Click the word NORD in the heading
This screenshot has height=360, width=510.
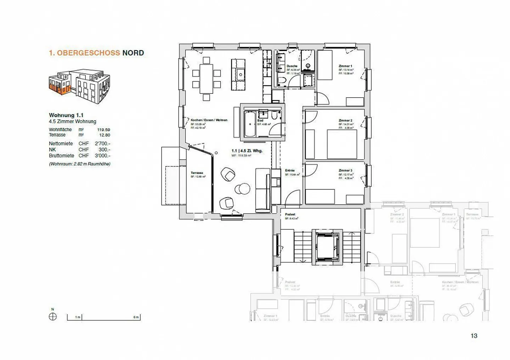(x=133, y=53)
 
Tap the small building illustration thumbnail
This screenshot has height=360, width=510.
(x=79, y=86)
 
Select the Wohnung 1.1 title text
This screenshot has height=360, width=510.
(x=66, y=115)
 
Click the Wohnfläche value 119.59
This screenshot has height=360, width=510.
(x=103, y=130)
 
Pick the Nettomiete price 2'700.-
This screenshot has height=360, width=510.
(x=102, y=143)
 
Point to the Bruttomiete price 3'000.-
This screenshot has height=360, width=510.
(x=102, y=155)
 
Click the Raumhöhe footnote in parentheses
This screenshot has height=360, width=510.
(x=79, y=164)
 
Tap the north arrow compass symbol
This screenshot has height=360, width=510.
(x=52, y=316)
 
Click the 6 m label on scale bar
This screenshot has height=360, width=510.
(x=136, y=317)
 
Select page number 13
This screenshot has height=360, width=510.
(x=474, y=336)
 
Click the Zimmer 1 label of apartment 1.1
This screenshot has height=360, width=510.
(x=345, y=66)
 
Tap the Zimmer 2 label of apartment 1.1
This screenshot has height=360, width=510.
(x=345, y=120)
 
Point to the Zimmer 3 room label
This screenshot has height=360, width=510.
(x=345, y=170)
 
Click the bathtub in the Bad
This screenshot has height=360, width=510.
(x=250, y=124)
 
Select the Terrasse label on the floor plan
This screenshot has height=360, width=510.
(x=197, y=173)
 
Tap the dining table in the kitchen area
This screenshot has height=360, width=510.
(x=206, y=79)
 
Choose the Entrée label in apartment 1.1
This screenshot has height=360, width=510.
(x=290, y=170)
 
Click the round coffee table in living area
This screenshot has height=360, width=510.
(x=242, y=189)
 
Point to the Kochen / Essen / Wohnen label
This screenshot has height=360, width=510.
(x=209, y=120)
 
